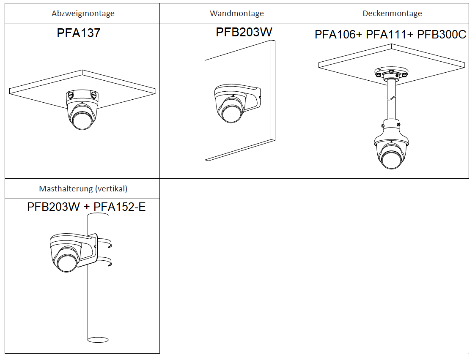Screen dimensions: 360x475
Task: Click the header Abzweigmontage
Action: click(83, 14)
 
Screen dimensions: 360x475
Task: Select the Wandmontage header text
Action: click(236, 14)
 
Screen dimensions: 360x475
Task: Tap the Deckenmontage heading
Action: click(392, 14)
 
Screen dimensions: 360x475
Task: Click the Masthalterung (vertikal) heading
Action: click(83, 188)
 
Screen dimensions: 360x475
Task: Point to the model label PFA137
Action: click(79, 33)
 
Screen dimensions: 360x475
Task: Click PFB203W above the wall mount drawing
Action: click(244, 32)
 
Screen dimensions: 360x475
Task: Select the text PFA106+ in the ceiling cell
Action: click(338, 35)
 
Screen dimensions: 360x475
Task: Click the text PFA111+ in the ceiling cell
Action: click(390, 35)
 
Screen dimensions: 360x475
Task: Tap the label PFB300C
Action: click(442, 35)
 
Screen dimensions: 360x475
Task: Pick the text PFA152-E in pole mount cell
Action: click(120, 207)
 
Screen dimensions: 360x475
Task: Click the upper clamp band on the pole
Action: click(104, 243)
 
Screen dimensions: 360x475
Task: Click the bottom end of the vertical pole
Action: click(98, 338)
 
